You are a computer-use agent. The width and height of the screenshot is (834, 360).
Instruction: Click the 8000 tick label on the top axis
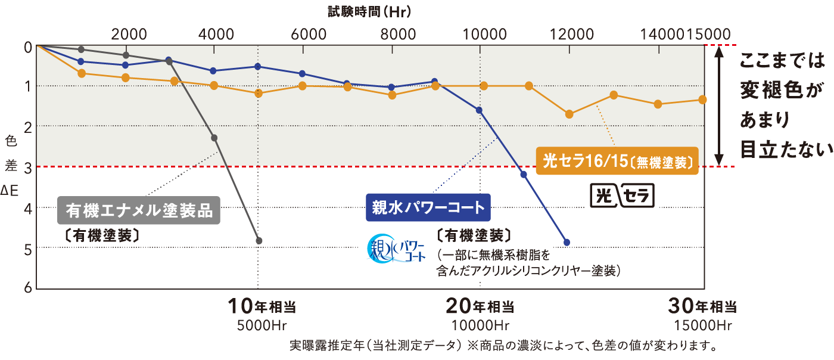[397, 33]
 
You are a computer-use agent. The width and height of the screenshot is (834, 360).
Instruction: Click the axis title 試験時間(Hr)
[369, 10]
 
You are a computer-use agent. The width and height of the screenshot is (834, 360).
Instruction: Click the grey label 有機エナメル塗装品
[139, 210]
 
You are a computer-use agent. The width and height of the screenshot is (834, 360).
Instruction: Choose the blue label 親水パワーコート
[428, 207]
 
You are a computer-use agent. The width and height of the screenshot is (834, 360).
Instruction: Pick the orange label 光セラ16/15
[617, 161]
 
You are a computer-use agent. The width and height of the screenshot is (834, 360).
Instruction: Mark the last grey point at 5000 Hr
[259, 241]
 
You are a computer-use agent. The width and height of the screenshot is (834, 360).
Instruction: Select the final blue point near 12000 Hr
[567, 243]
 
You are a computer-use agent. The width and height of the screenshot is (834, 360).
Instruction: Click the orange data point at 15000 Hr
[703, 100]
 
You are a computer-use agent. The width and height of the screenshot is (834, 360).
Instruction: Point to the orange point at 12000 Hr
[570, 114]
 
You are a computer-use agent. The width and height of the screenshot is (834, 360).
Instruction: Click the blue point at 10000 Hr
[479, 110]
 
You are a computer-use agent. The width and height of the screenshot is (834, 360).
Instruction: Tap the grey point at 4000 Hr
[214, 138]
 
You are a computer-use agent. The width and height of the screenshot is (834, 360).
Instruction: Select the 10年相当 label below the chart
[262, 307]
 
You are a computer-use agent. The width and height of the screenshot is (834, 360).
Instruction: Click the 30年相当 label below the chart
[703, 307]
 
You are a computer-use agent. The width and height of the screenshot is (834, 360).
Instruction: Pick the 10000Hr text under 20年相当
[480, 325]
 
